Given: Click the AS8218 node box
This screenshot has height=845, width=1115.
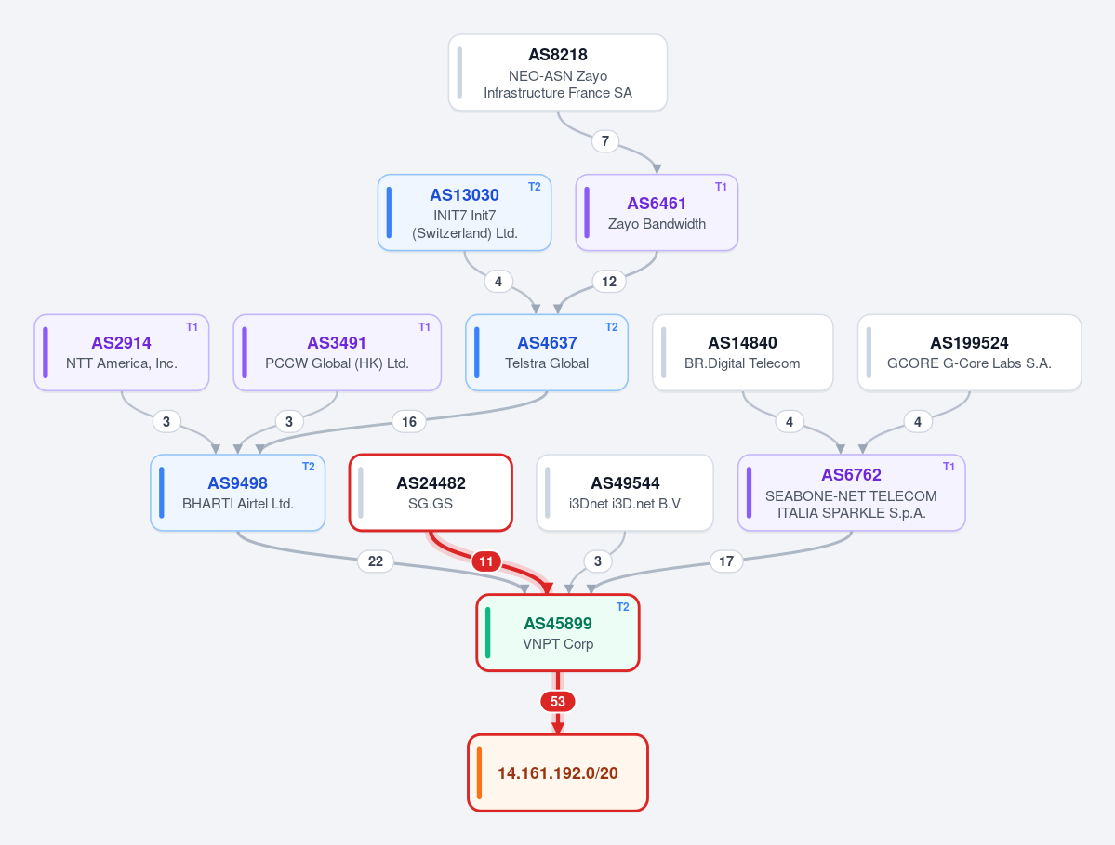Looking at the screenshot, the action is pos(558,73).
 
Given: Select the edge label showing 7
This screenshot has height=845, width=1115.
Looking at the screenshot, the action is pos(605,140).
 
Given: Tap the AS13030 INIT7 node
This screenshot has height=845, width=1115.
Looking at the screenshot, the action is pos(464,213).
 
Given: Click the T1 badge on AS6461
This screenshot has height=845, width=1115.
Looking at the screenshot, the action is pos(721,187).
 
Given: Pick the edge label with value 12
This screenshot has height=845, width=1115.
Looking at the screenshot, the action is pos(609,282).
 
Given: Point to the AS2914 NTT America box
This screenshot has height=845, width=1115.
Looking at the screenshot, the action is pos(122,352).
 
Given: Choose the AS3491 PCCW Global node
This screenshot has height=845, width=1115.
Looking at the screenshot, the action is pos(337,352).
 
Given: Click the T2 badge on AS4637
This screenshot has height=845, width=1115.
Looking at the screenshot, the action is pos(612,327).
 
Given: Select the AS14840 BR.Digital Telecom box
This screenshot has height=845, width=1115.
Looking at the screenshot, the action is pos(742,352).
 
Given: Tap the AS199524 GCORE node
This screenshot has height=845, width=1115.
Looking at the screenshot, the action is pos(969,352).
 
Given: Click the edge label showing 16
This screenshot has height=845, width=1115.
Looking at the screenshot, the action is pos(409,422).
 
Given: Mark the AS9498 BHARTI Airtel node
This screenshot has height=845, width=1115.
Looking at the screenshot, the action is pos(237,493).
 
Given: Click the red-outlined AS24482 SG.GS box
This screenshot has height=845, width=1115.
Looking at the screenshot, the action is pos(431,493).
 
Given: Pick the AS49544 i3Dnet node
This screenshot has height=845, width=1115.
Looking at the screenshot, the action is pos(625,493).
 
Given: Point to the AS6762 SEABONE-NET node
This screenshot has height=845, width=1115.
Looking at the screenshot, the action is pos(851,493).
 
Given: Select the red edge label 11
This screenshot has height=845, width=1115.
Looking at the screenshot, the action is pos(486,561).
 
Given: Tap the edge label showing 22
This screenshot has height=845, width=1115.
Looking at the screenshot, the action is pos(376,561).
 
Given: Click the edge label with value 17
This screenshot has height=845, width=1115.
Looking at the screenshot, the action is pos(726,561).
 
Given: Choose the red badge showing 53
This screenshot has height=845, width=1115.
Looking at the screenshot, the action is pos(558,702).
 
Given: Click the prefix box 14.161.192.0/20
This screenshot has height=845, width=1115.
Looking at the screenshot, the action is pos(558,772).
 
